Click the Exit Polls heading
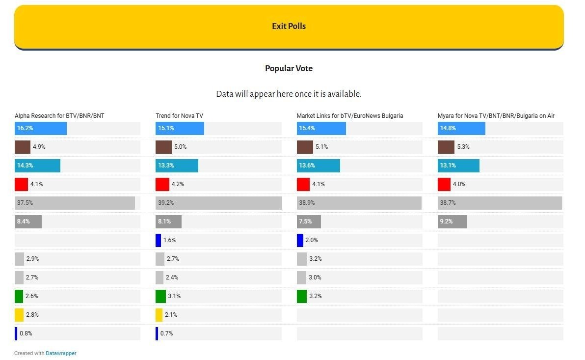coord(289,26)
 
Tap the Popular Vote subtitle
coord(289,68)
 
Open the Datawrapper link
coord(61,353)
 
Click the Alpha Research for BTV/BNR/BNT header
coord(59,116)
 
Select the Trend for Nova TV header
coord(179,116)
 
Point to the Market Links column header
coord(349,116)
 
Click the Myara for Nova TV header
coord(496,116)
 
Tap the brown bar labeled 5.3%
coord(446,147)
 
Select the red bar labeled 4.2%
coord(162,184)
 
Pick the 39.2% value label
coord(166,203)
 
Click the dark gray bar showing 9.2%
coord(452,222)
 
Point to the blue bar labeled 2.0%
coord(300,240)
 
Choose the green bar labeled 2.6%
coord(19,296)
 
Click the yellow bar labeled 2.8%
coord(19,315)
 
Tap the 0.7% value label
coord(166,333)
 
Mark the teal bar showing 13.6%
coord(318,166)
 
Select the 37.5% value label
coord(25,203)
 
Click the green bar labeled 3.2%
coord(301,296)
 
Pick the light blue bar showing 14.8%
coord(461,128)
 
